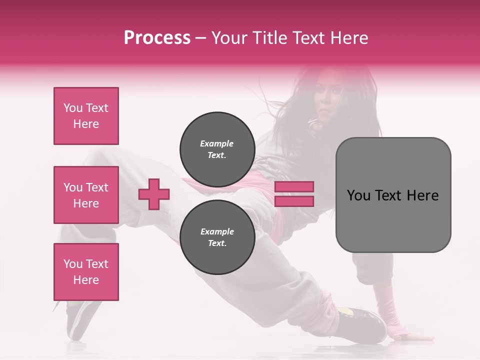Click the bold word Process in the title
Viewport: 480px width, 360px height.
pos(157,38)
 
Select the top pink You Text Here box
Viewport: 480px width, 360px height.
pos(86,116)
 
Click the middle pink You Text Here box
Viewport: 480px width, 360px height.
pos(86,195)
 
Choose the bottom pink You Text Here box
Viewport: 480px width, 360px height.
pos(86,272)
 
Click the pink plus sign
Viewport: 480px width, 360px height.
pos(154,194)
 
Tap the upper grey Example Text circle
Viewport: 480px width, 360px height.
pos(217,149)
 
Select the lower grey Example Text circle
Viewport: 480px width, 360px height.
pos(217,237)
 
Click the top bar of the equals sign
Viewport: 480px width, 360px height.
pos(294,186)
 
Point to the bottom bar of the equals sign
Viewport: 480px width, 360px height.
pos(294,201)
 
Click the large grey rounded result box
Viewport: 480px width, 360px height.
pos(393,195)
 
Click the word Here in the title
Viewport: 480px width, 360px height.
pos(348,38)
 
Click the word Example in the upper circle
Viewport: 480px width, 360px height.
pos(217,143)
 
